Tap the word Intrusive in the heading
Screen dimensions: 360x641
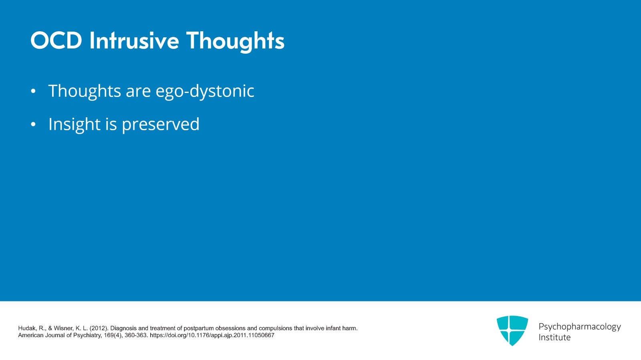[134, 41]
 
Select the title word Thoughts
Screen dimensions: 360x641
[235, 41]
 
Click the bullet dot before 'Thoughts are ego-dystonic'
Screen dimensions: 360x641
[33, 91]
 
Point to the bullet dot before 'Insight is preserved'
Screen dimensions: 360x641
[33, 125]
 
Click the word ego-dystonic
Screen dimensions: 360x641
[205, 91]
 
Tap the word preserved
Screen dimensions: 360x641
[160, 125]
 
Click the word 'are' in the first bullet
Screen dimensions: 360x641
[138, 91]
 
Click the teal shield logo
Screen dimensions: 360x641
[512, 330]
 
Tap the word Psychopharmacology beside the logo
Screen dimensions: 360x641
[579, 327]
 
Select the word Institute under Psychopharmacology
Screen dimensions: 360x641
[554, 338]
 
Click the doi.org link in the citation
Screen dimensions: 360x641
[212, 336]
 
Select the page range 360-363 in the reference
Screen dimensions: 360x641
[136, 336]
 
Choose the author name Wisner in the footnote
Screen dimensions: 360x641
[64, 328]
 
